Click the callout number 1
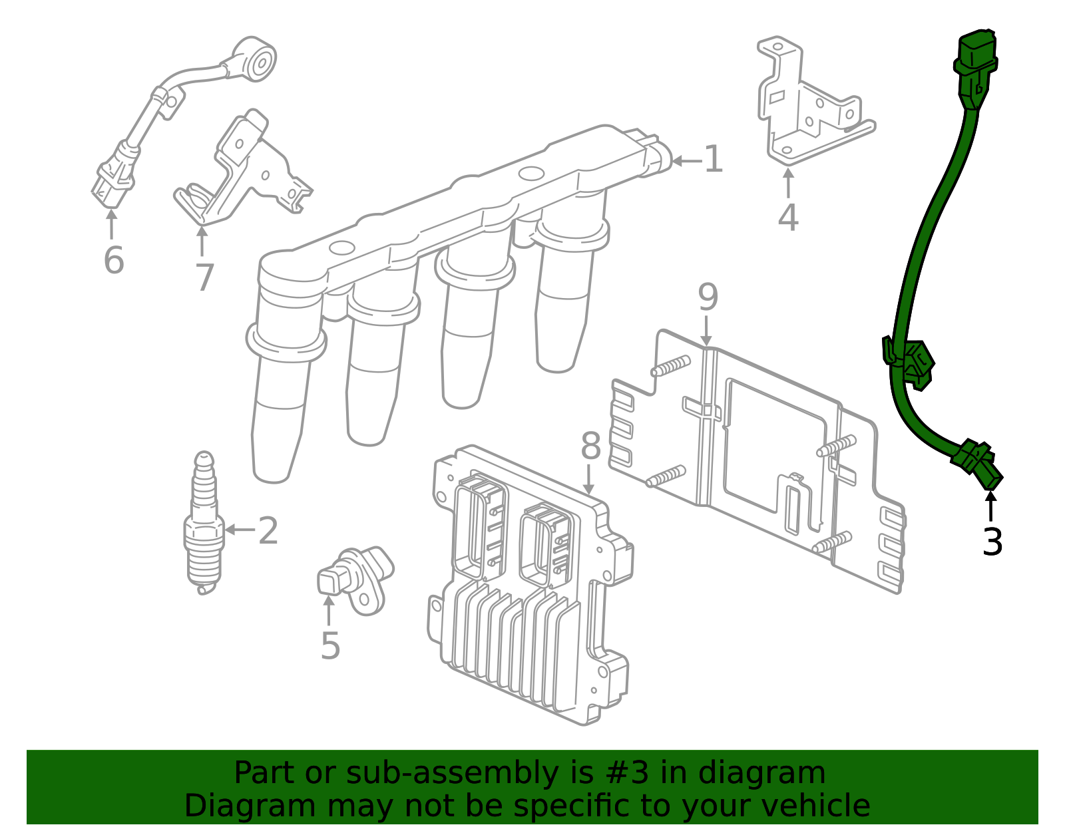coord(713,159)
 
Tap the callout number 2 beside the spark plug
coord(268,530)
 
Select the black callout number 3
coord(992,542)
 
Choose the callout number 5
coord(330,645)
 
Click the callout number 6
coord(114,259)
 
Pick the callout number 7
coord(204,277)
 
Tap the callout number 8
coord(590,446)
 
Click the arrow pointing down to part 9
coord(706,331)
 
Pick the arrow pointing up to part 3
coord(990,506)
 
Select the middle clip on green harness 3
coord(908,363)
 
